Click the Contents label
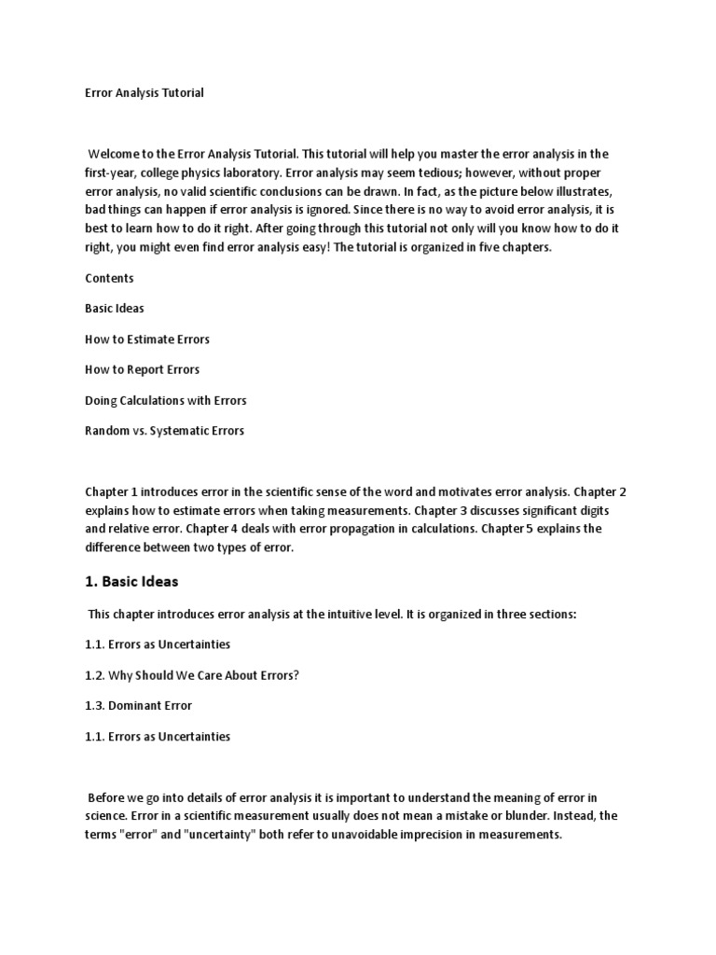(x=109, y=278)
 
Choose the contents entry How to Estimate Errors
(x=147, y=339)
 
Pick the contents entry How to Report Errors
(x=143, y=369)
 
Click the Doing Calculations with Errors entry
(x=166, y=400)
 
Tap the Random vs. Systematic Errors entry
(x=164, y=431)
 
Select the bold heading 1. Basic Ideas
(x=131, y=581)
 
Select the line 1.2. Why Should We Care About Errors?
(x=192, y=675)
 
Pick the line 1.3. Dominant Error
(x=139, y=706)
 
